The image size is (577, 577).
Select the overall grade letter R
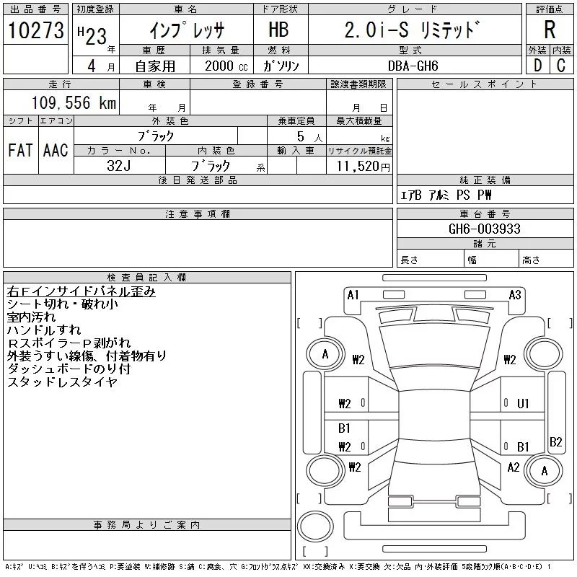(x=550, y=30)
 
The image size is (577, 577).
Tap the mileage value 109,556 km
(x=74, y=103)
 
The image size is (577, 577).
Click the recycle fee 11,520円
(x=358, y=166)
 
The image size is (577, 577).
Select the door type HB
(x=278, y=30)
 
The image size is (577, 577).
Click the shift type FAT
(x=21, y=151)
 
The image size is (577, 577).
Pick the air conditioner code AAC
(x=55, y=151)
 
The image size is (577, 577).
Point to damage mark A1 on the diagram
(x=353, y=294)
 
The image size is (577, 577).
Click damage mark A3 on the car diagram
(x=515, y=294)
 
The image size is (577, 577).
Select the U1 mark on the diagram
(x=524, y=403)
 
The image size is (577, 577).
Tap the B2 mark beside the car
(x=556, y=442)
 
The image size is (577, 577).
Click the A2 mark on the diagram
(x=514, y=467)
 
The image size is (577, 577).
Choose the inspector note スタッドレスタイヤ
(x=62, y=382)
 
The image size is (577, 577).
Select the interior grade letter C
(x=560, y=65)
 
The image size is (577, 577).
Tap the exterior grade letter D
(x=537, y=65)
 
